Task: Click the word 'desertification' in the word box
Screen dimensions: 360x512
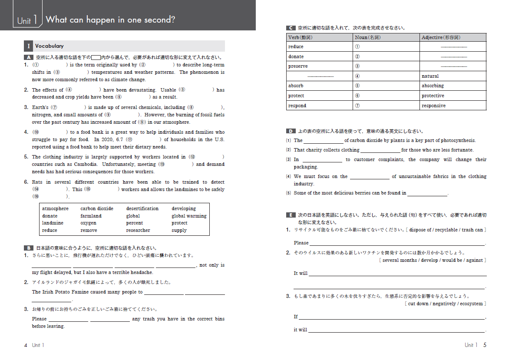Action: pyautogui.click(x=142, y=208)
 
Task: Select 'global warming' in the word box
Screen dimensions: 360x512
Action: pyautogui.click(x=189, y=216)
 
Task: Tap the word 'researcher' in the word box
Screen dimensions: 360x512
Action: pyautogui.click(x=138, y=230)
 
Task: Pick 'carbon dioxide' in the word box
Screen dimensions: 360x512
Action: pyautogui.click(x=96, y=208)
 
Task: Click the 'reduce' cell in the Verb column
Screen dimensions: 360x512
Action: pyautogui.click(x=296, y=46)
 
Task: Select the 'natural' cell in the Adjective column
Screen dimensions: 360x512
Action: pyautogui.click(x=430, y=76)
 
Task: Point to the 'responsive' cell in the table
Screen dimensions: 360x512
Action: pyautogui.click(x=433, y=106)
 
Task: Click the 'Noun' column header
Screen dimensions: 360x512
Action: pyautogui.click(x=367, y=37)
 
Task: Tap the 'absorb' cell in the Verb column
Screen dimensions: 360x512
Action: pyautogui.click(x=296, y=86)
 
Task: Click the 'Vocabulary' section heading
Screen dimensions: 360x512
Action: pyautogui.click(x=50, y=46)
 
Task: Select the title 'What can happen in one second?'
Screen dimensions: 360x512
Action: pyautogui.click(x=110, y=20)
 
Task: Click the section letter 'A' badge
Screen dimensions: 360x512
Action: pyautogui.click(x=28, y=57)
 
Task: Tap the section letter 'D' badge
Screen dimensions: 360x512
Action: pyautogui.click(x=291, y=131)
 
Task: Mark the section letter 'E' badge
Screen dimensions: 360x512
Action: pyautogui.click(x=291, y=215)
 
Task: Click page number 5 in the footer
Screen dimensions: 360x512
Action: pyautogui.click(x=485, y=345)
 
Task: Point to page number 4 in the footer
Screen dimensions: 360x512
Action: pyautogui.click(x=26, y=345)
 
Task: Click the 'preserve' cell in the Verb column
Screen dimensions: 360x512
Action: pyautogui.click(x=298, y=66)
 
